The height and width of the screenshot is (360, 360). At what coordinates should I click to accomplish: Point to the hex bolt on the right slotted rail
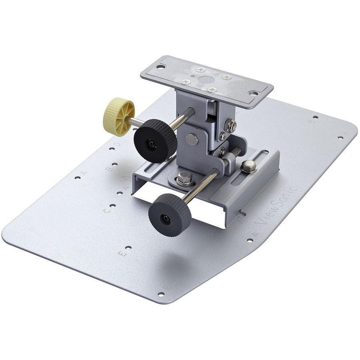(x=249, y=166)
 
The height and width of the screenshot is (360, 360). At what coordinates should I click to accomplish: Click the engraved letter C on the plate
(x=106, y=210)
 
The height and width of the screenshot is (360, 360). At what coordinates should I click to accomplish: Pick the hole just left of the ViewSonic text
(x=250, y=241)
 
